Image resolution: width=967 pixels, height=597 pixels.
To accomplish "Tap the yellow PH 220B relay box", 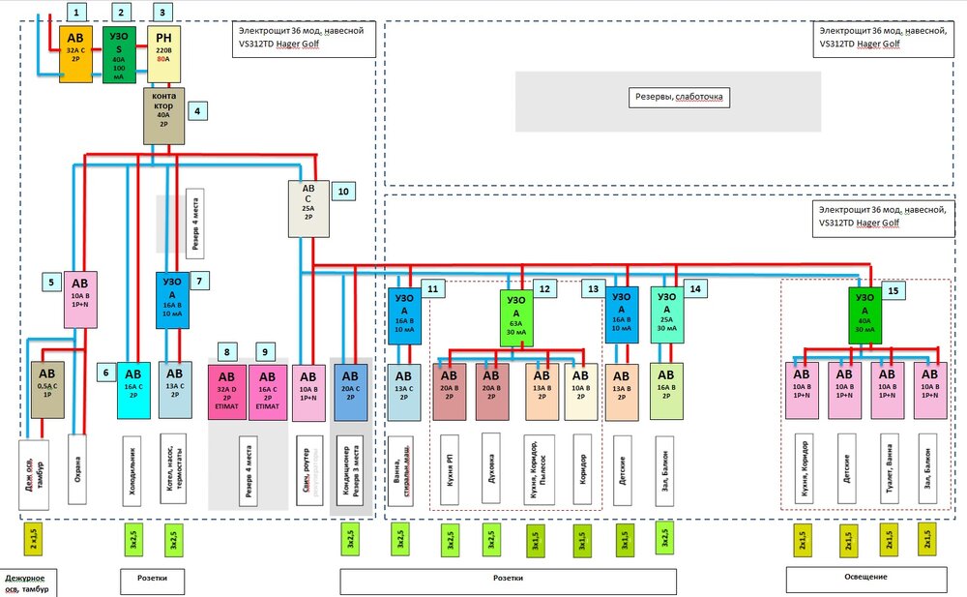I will tap(162, 54).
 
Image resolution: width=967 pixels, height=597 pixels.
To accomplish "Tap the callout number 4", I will tap(198, 110).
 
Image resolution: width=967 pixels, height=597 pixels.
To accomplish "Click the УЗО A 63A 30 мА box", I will tap(516, 315).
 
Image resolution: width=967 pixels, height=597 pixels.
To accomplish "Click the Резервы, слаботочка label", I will tap(667, 98).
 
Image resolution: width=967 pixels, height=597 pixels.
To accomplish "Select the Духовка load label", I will tap(491, 471).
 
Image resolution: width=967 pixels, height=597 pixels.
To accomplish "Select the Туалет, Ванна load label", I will tap(888, 471).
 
